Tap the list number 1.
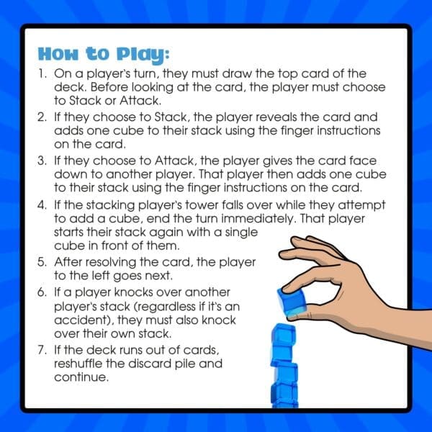click(42, 74)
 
